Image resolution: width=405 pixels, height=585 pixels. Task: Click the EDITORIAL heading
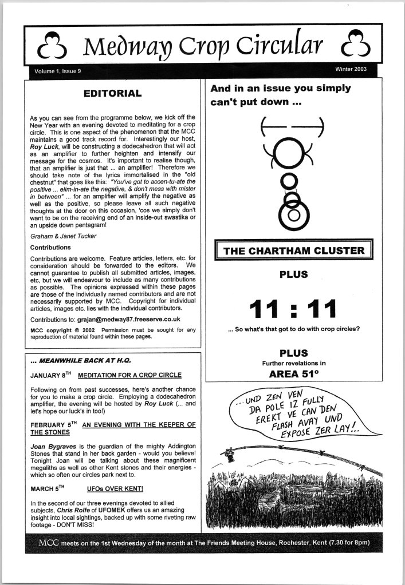tap(112, 93)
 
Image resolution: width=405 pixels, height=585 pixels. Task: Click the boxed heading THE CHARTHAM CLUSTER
tap(293, 250)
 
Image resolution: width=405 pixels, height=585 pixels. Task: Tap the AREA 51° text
tap(293, 375)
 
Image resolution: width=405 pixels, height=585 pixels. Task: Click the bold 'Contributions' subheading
tap(50, 248)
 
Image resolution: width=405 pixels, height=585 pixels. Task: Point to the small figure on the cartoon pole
tap(230, 456)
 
